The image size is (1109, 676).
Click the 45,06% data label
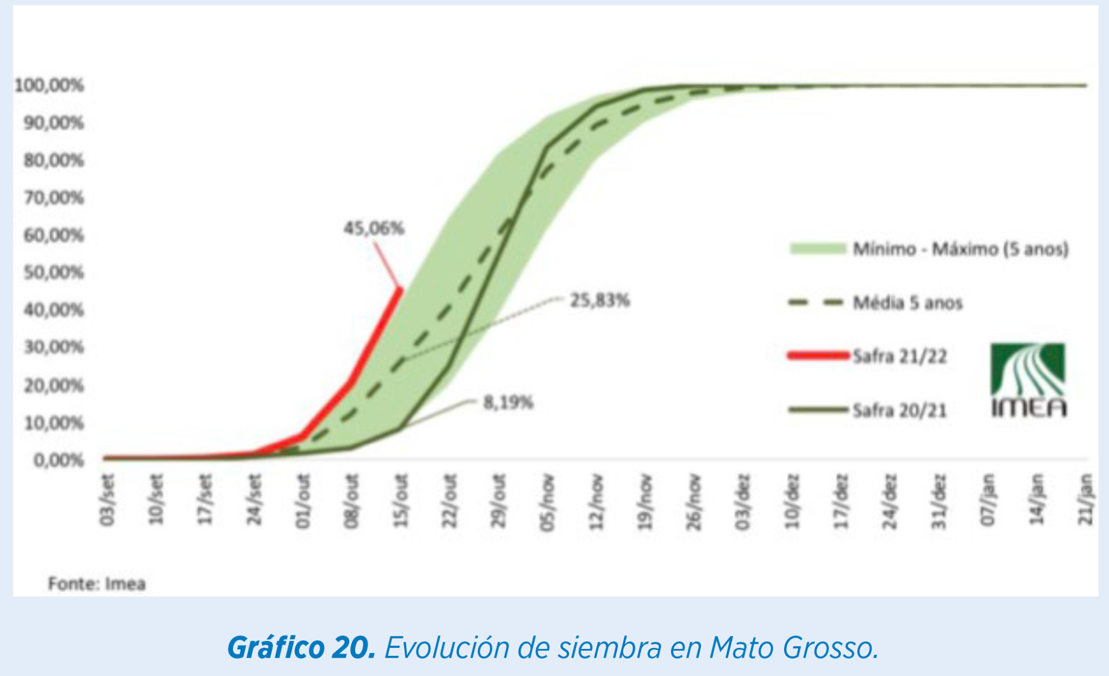(x=374, y=229)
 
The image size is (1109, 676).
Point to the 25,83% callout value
(x=600, y=300)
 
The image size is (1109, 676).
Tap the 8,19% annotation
(x=508, y=402)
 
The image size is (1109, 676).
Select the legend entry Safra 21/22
(x=899, y=356)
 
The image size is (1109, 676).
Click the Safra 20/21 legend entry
(x=899, y=410)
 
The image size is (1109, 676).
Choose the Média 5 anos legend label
(x=908, y=303)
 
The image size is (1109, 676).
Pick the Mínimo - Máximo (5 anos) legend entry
(x=960, y=249)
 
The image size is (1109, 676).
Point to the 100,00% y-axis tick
(x=49, y=86)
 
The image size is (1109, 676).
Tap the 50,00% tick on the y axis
(x=54, y=272)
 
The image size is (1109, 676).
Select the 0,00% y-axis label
(x=58, y=460)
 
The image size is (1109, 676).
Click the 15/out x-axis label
(x=401, y=500)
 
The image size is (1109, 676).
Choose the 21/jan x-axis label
(x=1086, y=500)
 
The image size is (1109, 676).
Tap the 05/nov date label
(x=548, y=501)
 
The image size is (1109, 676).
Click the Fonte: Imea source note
(x=97, y=584)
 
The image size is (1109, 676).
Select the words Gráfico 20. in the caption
(x=301, y=647)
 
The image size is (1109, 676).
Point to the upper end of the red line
(x=400, y=288)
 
